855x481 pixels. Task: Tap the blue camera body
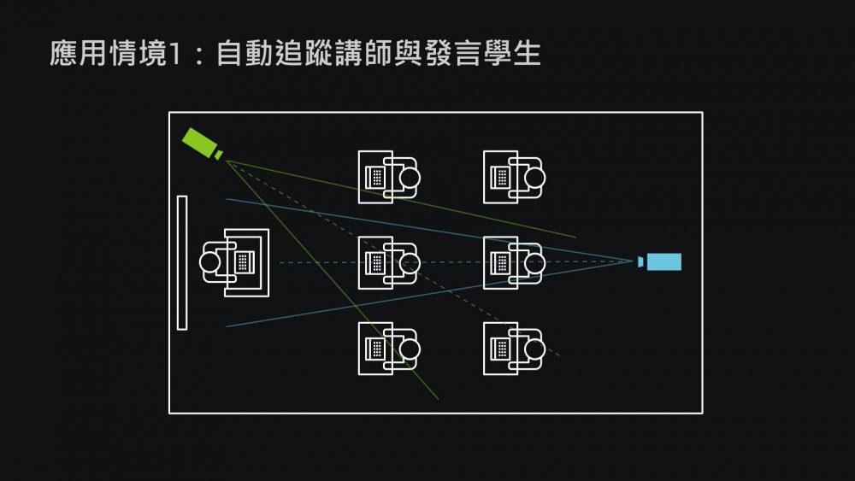coord(664,261)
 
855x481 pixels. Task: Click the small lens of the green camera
coord(219,155)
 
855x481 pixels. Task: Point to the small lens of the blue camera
coord(640,261)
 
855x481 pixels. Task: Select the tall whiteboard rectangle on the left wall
coord(181,262)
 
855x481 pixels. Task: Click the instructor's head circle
coord(212,262)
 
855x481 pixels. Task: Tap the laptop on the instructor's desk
coord(245,262)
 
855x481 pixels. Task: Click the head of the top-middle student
coord(410,177)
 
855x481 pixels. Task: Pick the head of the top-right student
coord(534,177)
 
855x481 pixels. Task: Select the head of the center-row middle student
coord(410,262)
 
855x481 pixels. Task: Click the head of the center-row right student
coord(534,262)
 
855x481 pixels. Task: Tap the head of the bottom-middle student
coord(410,349)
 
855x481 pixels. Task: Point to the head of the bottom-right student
coord(534,349)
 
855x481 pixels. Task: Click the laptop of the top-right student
coord(500,177)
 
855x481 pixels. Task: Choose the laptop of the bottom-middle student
coord(374,349)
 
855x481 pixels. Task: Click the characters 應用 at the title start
coord(76,54)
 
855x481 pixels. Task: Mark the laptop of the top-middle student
coord(374,177)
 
